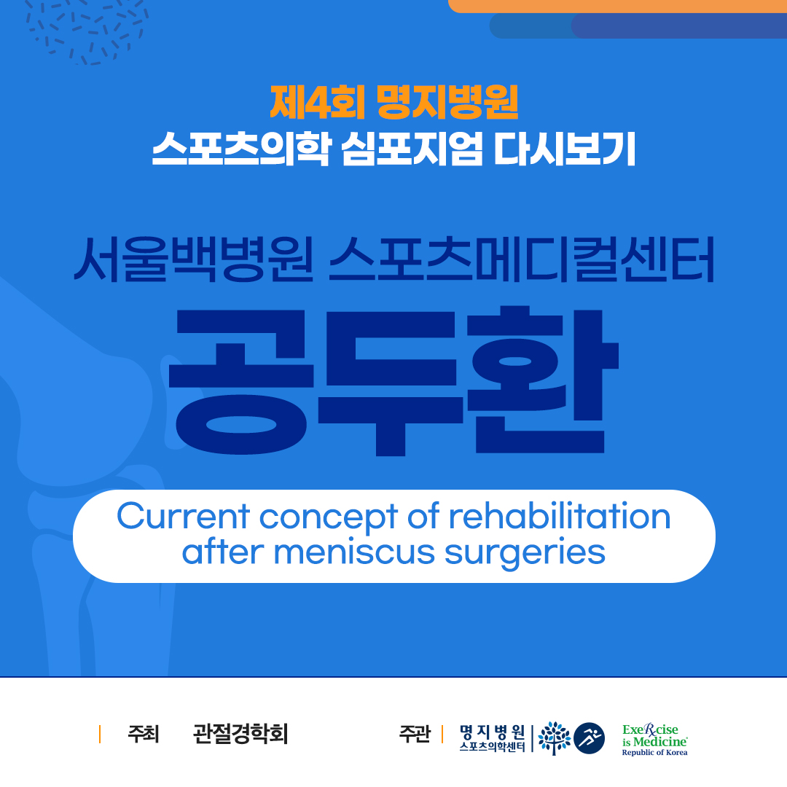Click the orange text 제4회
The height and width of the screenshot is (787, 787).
click(x=317, y=103)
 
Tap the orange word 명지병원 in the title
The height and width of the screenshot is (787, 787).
click(x=447, y=103)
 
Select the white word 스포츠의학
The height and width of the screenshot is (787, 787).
click(x=241, y=149)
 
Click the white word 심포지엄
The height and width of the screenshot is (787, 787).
click(x=412, y=149)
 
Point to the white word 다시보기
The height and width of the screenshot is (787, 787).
click(x=565, y=149)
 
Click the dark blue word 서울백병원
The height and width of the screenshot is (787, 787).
click(x=194, y=259)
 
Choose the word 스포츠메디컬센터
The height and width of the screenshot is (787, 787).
click(x=522, y=259)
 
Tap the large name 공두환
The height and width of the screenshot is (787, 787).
click(x=393, y=380)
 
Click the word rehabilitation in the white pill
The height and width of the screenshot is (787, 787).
click(x=560, y=516)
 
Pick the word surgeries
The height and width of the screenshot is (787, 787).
click(x=525, y=554)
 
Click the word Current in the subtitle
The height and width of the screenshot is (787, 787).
click(x=183, y=516)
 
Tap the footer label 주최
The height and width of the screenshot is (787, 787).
click(x=144, y=735)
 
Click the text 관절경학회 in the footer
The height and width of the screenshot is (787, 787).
click(x=240, y=735)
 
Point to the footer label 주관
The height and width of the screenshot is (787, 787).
click(x=415, y=735)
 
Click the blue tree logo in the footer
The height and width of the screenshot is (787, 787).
click(x=554, y=738)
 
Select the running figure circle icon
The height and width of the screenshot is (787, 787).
click(x=590, y=738)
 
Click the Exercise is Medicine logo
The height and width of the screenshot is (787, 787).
click(x=655, y=740)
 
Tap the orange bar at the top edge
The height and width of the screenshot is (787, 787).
click(x=617, y=6)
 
